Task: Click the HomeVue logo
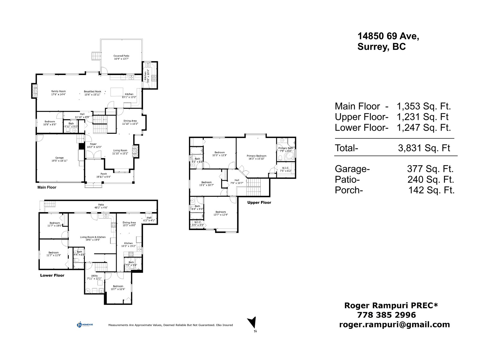tap(85, 325)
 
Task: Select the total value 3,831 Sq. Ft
tap(424, 148)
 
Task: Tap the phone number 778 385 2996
tap(386, 315)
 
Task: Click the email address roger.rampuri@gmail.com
tap(394, 325)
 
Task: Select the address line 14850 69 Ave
tap(388, 36)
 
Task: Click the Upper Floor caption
tap(259, 202)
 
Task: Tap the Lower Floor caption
tap(52, 275)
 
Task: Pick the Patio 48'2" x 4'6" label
tap(101, 206)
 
